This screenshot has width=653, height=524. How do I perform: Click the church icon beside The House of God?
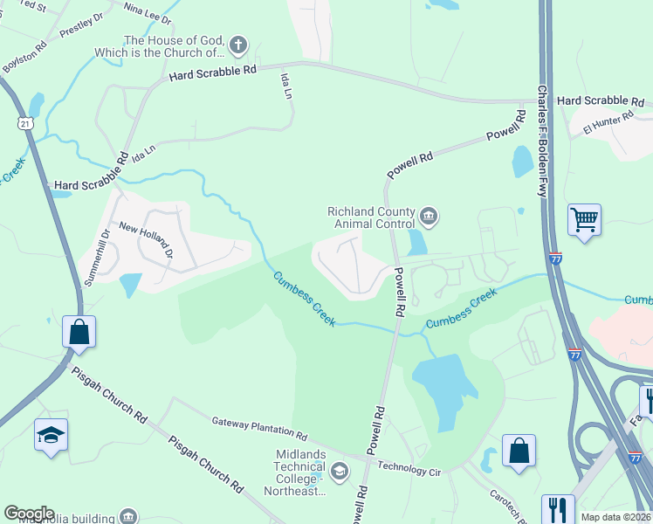click(238, 46)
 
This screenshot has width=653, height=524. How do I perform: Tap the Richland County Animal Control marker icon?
click(428, 216)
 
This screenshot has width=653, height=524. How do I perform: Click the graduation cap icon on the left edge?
click(51, 435)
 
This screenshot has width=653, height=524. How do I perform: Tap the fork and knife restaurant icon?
click(557, 508)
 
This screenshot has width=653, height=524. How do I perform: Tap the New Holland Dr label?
click(147, 240)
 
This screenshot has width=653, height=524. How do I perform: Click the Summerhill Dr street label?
click(93, 247)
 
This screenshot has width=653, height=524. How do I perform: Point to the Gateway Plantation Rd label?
click(259, 429)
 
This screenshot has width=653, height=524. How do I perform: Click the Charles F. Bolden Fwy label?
click(542, 141)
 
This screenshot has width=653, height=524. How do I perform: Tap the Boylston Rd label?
click(24, 55)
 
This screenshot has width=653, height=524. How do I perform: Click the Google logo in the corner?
click(28, 514)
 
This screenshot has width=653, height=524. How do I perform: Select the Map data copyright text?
click(615, 517)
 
